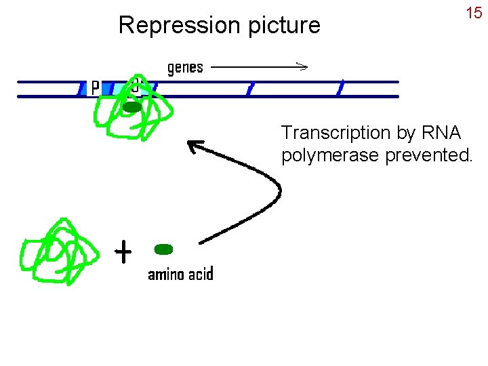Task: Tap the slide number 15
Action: [x=473, y=13]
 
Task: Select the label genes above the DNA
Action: [x=185, y=67]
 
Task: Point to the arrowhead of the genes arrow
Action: [x=303, y=66]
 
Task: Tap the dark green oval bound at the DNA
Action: [x=131, y=106]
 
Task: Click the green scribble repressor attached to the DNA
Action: [x=129, y=112]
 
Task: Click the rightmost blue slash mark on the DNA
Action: [x=341, y=87]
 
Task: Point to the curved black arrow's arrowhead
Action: [x=193, y=145]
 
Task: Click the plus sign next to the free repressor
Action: [x=123, y=253]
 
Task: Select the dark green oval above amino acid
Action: [x=163, y=249]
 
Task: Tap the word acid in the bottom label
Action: [x=201, y=274]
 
